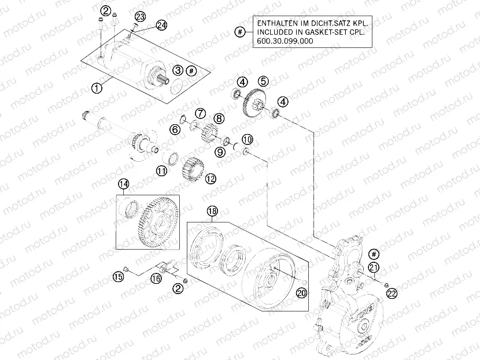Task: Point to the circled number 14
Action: [x=123, y=184]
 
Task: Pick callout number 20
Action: [x=300, y=293]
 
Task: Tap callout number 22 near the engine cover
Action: [x=392, y=294]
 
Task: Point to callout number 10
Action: [x=247, y=139]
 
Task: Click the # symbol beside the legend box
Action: [x=239, y=32]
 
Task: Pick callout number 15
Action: [x=119, y=277]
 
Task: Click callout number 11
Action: [x=161, y=170]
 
